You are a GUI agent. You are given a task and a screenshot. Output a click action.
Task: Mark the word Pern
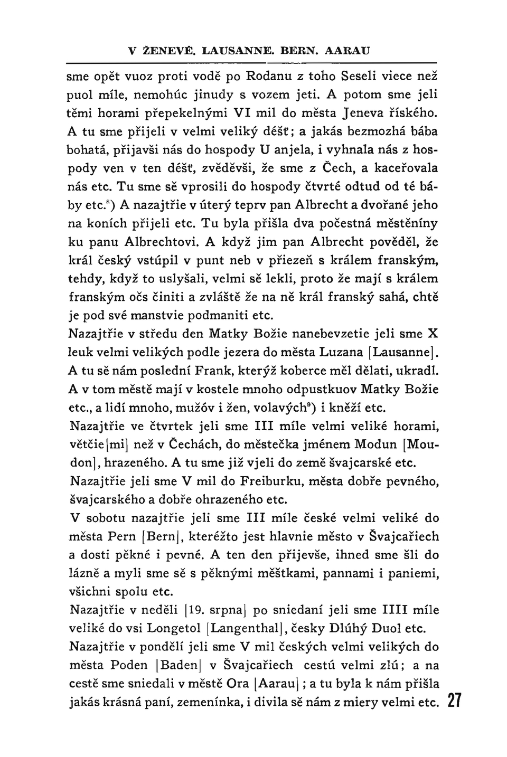[x=121, y=537]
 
